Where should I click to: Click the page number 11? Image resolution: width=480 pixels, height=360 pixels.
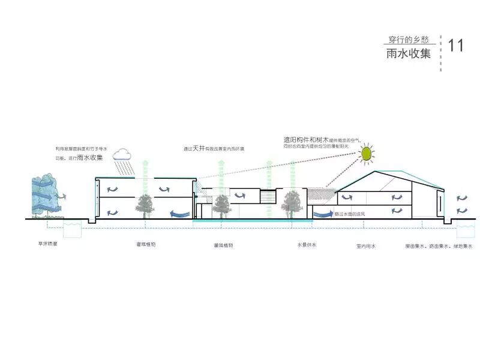click(x=455, y=46)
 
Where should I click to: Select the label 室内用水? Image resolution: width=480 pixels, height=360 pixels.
click(x=365, y=246)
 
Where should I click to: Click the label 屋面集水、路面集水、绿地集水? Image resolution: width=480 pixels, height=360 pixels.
click(x=438, y=246)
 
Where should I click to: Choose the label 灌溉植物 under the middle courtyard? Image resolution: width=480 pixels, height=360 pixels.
click(x=223, y=246)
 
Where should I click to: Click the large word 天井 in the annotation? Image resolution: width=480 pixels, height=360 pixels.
click(x=199, y=148)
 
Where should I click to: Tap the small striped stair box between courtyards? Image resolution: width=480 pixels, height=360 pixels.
click(x=268, y=197)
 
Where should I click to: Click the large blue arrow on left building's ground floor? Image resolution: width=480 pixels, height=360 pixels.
click(x=178, y=212)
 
